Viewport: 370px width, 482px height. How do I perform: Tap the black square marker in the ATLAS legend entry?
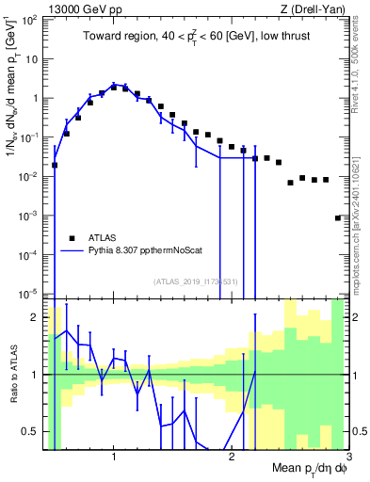click(72, 238)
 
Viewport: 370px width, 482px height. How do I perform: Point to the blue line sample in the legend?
click(72, 251)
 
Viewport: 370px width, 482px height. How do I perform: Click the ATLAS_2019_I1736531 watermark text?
click(195, 281)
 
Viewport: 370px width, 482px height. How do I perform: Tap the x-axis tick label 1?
click(114, 458)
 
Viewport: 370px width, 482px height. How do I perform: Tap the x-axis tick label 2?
click(232, 458)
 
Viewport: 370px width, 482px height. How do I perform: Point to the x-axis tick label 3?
click(347, 458)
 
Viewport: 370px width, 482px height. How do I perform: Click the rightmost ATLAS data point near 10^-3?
click(338, 217)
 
